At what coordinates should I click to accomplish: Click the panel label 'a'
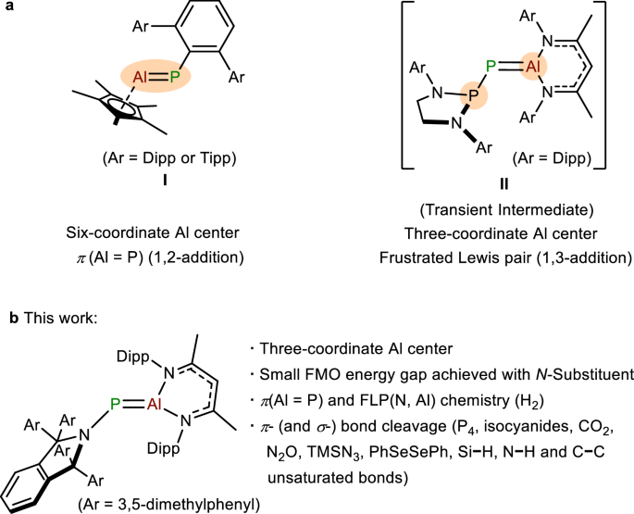(8, 8)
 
